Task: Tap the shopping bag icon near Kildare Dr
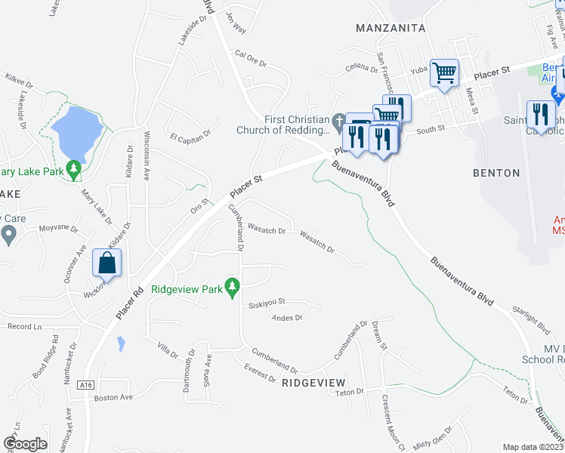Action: click(107, 263)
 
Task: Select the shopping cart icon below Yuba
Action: click(444, 73)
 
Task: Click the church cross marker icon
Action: click(340, 121)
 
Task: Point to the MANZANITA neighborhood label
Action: click(391, 28)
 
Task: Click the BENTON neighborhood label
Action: click(496, 173)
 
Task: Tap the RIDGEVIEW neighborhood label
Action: click(313, 383)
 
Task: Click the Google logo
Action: click(25, 444)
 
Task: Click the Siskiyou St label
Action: click(266, 306)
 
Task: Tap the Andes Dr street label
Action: click(287, 318)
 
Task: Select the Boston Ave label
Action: click(113, 397)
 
